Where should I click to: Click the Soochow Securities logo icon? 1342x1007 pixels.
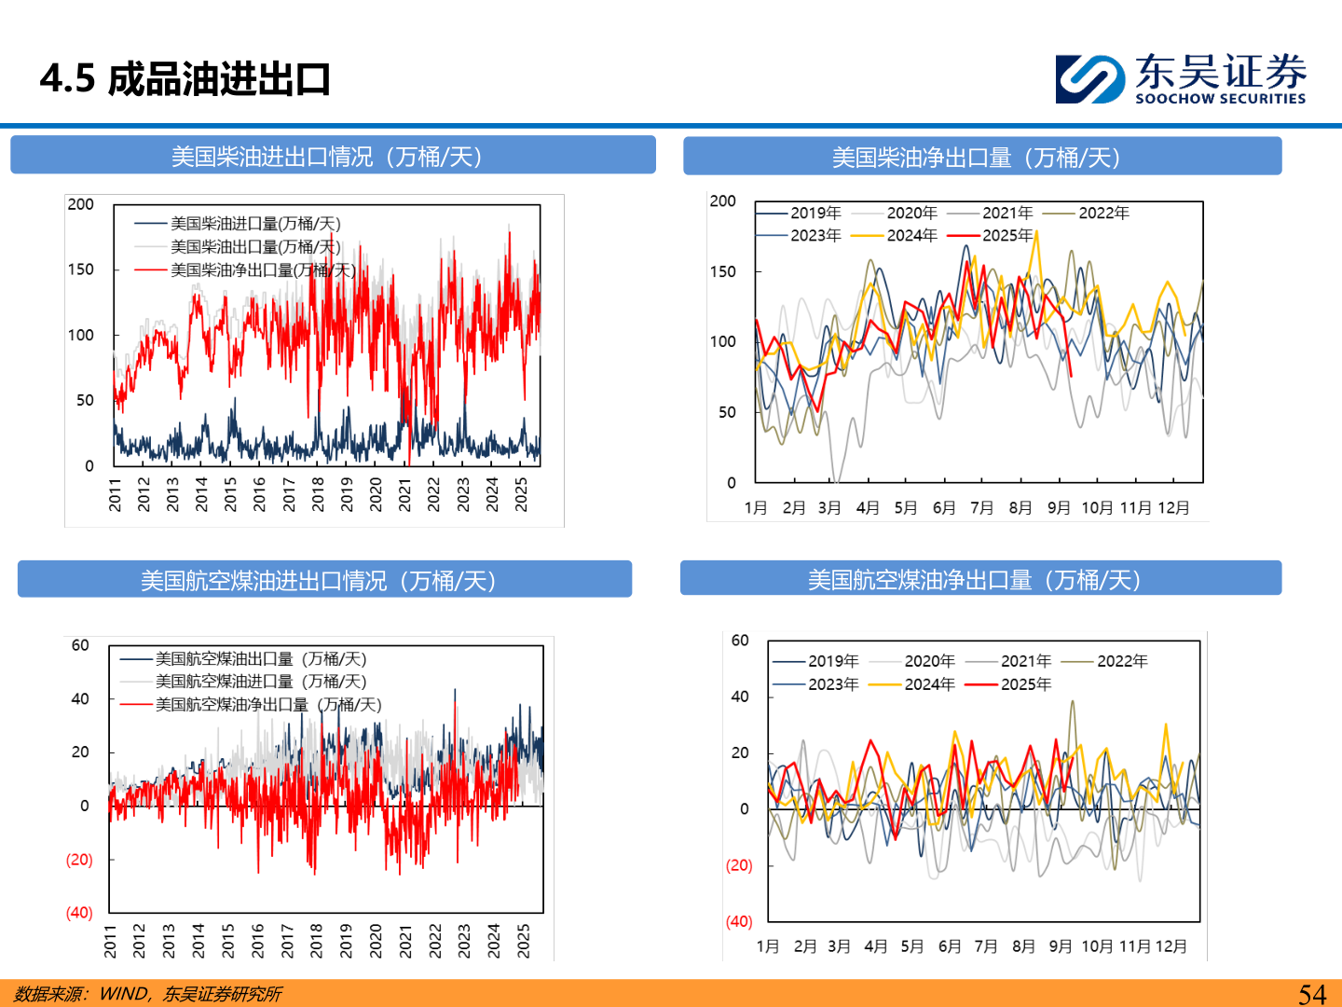tap(1089, 79)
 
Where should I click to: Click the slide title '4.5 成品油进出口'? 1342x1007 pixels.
tap(185, 79)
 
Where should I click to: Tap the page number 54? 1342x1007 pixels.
tap(1312, 994)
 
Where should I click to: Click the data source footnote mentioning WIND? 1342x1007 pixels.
tap(148, 994)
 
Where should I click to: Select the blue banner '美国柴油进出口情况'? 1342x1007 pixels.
tap(333, 156)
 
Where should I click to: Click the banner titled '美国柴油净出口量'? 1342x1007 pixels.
tap(981, 157)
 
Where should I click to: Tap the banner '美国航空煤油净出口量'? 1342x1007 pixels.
tap(980, 579)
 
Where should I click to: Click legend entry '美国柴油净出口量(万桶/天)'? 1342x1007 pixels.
tap(263, 270)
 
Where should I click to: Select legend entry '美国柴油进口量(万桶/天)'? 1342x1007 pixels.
tap(255, 224)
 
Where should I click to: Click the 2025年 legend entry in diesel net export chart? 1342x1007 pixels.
tap(1007, 236)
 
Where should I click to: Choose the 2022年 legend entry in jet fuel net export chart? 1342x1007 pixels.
tap(1122, 661)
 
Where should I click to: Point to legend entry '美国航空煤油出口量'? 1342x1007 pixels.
tap(261, 659)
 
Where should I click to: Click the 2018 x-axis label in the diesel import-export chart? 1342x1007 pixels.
tap(318, 494)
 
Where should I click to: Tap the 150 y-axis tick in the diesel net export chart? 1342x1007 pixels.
tap(723, 271)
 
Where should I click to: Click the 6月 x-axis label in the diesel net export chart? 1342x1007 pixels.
tap(944, 508)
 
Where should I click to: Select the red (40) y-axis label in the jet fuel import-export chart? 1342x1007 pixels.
tap(79, 913)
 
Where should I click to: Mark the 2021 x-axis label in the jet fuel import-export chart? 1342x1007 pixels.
tap(405, 941)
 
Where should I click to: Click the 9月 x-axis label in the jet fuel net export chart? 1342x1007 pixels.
tap(1061, 946)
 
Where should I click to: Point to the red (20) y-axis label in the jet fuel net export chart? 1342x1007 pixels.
tap(739, 865)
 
